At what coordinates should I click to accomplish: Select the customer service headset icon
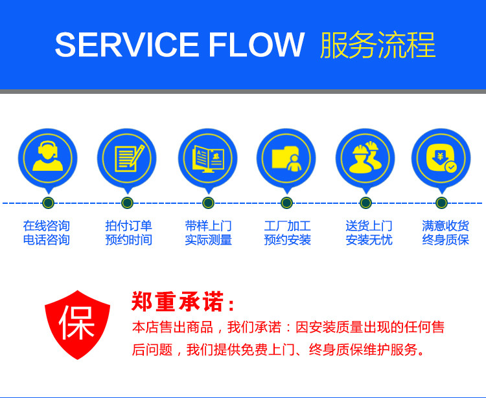pyautogui.click(x=48, y=157)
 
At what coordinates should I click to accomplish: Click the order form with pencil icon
pyautogui.click(x=127, y=157)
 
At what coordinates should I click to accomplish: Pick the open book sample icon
pyautogui.click(x=208, y=157)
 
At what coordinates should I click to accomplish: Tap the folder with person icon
pyautogui.click(x=286, y=157)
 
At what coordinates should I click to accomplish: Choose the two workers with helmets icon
pyautogui.click(x=365, y=157)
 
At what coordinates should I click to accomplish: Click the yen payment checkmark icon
pyautogui.click(x=441, y=157)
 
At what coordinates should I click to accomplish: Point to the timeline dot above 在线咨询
pyautogui.click(x=48, y=203)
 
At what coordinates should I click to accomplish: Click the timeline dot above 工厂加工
pyautogui.click(x=286, y=203)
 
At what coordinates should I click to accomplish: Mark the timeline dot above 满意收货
pyautogui.click(x=441, y=203)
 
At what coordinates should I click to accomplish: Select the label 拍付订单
pyautogui.click(x=128, y=226)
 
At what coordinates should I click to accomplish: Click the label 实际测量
pyautogui.click(x=208, y=240)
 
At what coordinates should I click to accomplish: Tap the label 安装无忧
pyautogui.click(x=369, y=240)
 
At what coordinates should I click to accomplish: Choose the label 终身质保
pyautogui.click(x=445, y=240)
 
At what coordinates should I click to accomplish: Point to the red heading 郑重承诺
pyautogui.click(x=183, y=302)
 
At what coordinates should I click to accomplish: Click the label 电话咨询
pyautogui.click(x=46, y=240)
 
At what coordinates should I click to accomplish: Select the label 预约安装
pyautogui.click(x=287, y=240)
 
